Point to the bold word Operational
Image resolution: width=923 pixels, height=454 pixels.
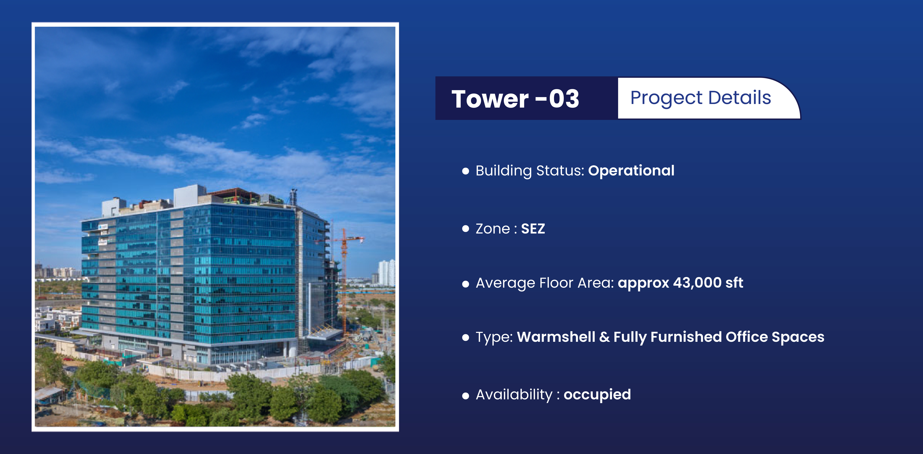click(631, 171)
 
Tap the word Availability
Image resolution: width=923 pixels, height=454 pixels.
click(514, 395)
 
